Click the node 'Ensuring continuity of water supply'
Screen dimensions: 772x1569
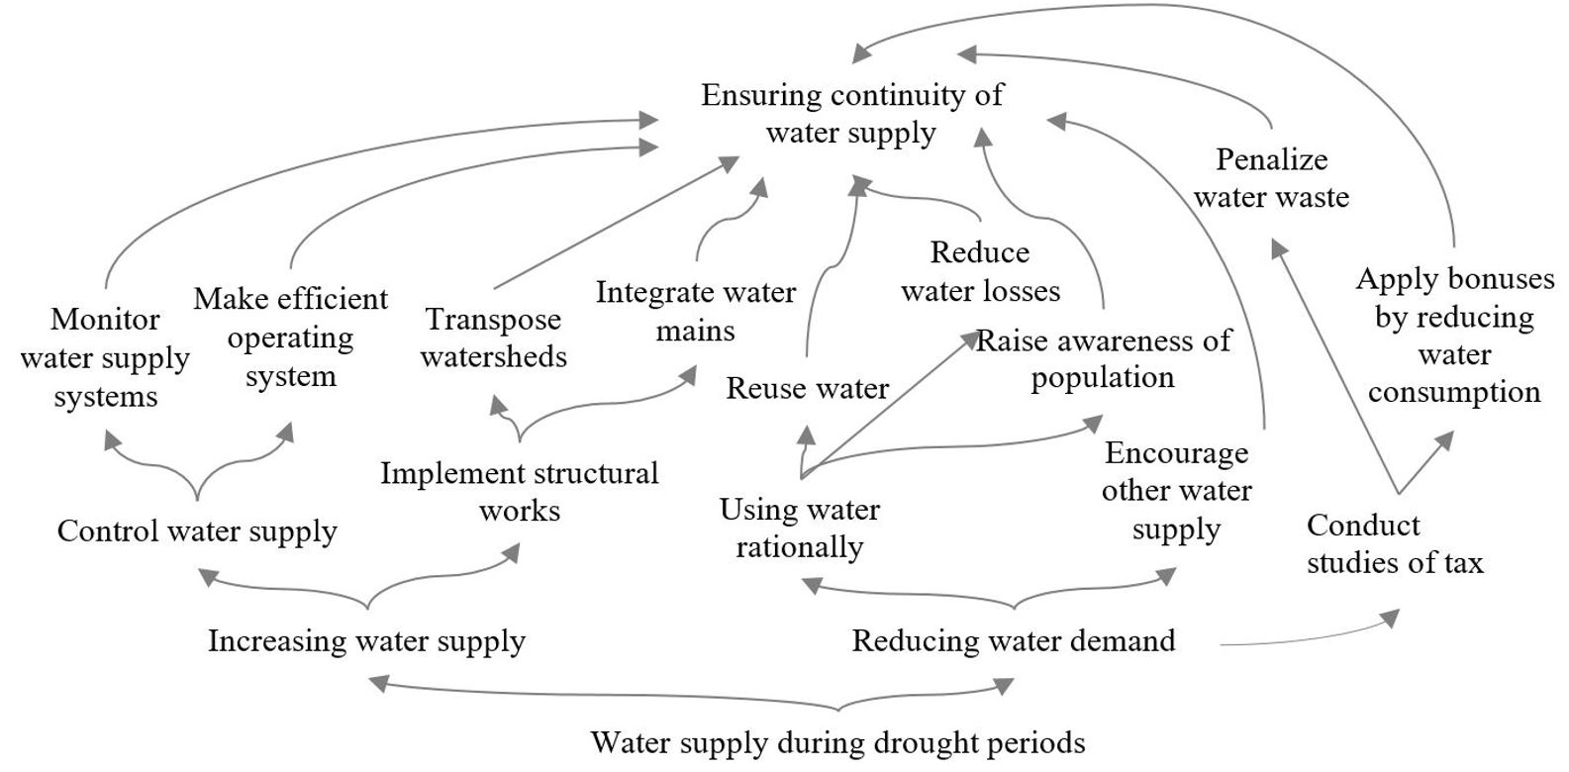pyautogui.click(x=851, y=114)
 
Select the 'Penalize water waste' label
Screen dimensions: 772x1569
pyautogui.click(x=1271, y=178)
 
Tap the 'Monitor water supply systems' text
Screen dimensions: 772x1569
pyautogui.click(x=105, y=357)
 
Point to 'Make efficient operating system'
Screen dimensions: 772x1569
pyautogui.click(x=290, y=338)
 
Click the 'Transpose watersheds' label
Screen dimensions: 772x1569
pyautogui.click(x=493, y=338)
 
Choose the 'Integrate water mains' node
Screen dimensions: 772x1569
pyautogui.click(x=695, y=311)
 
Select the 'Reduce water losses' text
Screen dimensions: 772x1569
pyautogui.click(x=980, y=271)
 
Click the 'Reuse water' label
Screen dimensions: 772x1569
pyautogui.click(x=807, y=388)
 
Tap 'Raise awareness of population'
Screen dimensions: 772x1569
pyautogui.click(x=1103, y=358)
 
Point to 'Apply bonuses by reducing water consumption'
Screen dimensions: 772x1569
pyautogui.click(x=1454, y=336)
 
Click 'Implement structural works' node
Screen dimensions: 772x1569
pyautogui.click(x=520, y=492)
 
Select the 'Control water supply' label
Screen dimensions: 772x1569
pyautogui.click(x=197, y=531)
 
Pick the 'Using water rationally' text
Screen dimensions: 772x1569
pyautogui.click(x=799, y=528)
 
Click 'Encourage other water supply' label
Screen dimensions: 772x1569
pyautogui.click(x=1176, y=491)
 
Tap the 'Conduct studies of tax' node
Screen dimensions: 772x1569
pyautogui.click(x=1394, y=544)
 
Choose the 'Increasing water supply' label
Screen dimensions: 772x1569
pyautogui.click(x=366, y=641)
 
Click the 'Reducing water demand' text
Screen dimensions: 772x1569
pyautogui.click(x=1014, y=641)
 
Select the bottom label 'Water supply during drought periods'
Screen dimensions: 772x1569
pyautogui.click(x=837, y=742)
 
